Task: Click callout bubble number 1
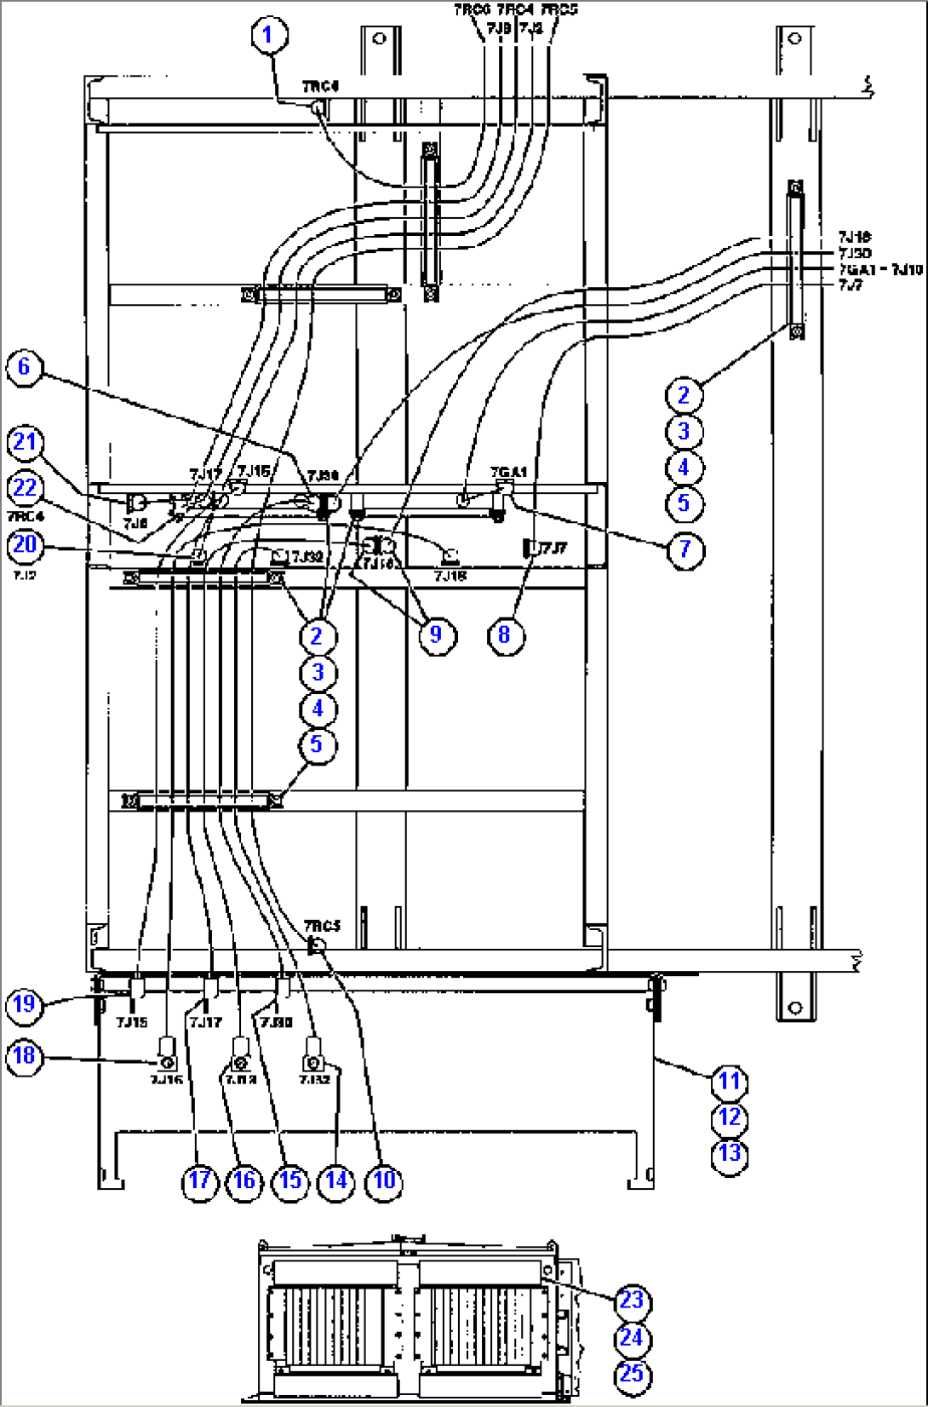269,36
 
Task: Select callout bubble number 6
24,367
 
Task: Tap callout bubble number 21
25,442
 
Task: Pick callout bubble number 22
25,488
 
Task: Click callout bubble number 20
25,543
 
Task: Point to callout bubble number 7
685,549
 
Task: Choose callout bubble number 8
505,635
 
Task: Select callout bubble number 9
436,635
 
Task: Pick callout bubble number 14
336,1180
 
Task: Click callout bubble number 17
199,1180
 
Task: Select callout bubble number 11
730,1082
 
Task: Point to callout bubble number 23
631,1301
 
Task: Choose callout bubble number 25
631,1374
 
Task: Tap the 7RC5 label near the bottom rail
322,926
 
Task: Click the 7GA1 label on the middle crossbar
508,472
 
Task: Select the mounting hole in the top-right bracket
795,38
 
